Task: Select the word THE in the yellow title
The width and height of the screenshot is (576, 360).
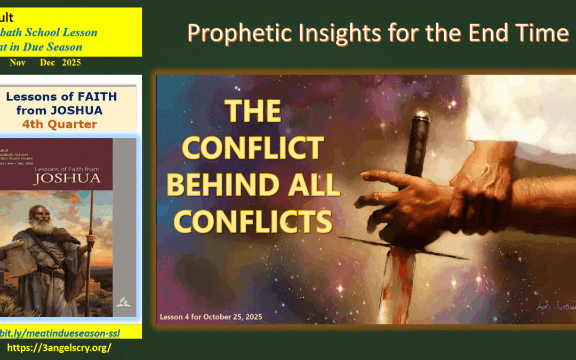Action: coord(253,112)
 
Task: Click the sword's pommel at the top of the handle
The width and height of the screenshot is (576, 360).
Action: coord(421,116)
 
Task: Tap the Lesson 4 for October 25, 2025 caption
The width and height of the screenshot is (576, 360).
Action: coord(211,317)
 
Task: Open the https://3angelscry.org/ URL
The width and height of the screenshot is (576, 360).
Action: coord(59,348)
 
